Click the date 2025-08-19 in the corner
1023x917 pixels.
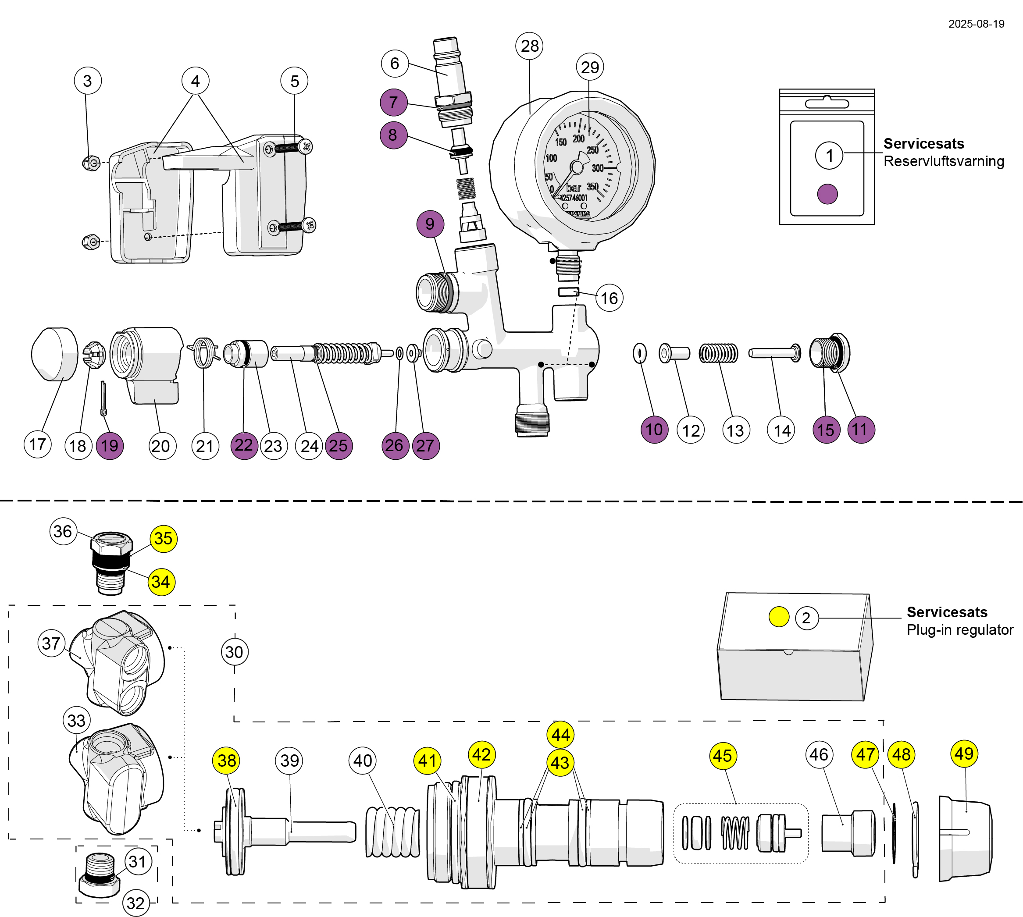(x=976, y=24)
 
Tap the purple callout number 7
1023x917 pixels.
(x=394, y=102)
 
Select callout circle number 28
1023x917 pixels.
(x=529, y=46)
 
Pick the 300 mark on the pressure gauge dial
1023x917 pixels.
(x=597, y=168)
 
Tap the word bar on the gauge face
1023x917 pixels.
(x=574, y=188)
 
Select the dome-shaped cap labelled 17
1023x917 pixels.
(x=54, y=354)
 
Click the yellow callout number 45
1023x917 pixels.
(x=723, y=756)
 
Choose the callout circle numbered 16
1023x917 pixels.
(x=609, y=298)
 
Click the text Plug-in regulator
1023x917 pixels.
(x=959, y=630)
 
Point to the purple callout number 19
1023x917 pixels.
(x=109, y=445)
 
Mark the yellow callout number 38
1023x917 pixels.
(x=226, y=761)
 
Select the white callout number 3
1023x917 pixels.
(x=88, y=81)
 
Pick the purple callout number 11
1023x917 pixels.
(x=860, y=429)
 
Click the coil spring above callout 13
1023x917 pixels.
(x=718, y=353)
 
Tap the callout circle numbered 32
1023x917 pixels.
(x=135, y=903)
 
